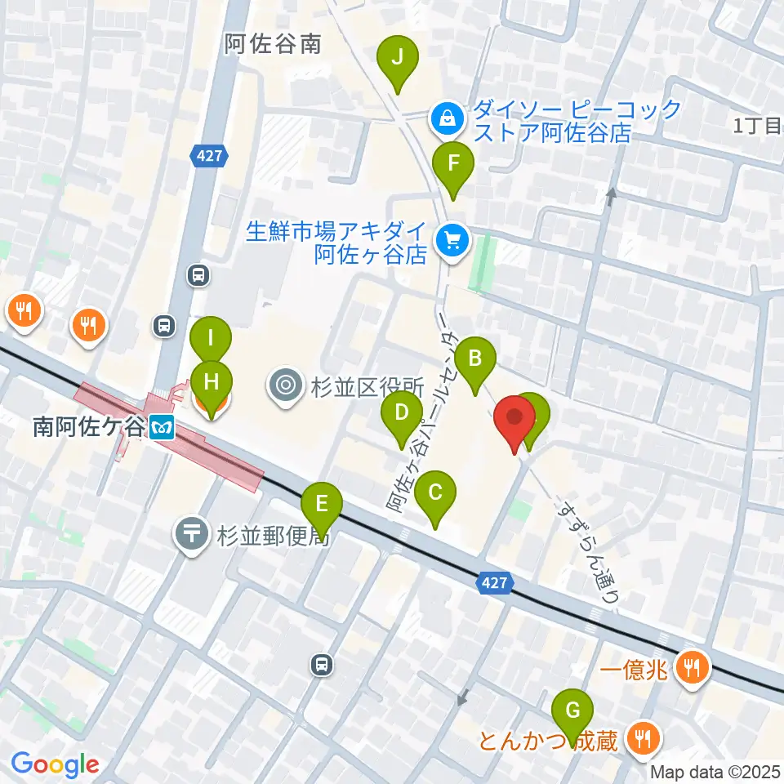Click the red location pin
pyautogui.click(x=514, y=419)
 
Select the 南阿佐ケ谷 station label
pyautogui.click(x=88, y=426)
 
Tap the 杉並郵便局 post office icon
pyautogui.click(x=192, y=535)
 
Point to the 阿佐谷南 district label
pyautogui.click(x=273, y=44)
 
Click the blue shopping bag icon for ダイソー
pyautogui.click(x=448, y=120)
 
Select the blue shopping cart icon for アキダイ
pyautogui.click(x=452, y=240)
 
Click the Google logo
pyautogui.click(x=55, y=764)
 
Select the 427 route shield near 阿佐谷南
pyautogui.click(x=207, y=155)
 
